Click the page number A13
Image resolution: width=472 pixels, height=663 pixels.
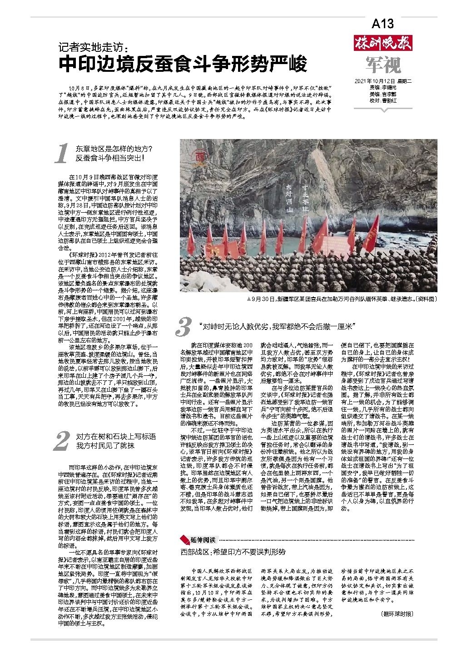pos(383,24)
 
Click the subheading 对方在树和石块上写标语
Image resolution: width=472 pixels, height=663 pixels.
pos(115,436)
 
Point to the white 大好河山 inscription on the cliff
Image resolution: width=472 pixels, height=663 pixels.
pos(288,199)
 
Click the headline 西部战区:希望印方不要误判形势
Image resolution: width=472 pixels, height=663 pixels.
pos(233,552)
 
